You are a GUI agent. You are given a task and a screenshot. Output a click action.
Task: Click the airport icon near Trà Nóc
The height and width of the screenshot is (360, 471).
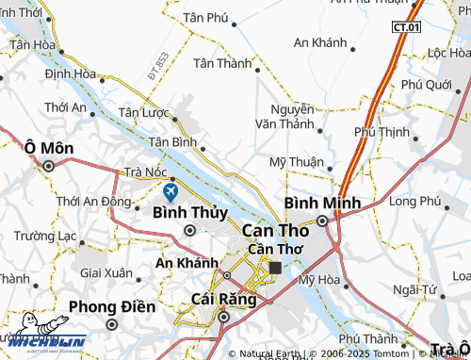171,192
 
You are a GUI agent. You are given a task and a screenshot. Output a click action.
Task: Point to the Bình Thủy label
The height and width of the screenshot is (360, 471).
189,212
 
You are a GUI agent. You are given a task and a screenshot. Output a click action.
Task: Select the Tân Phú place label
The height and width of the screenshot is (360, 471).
206,18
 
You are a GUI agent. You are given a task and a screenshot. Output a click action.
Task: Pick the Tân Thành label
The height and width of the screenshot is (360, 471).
221,63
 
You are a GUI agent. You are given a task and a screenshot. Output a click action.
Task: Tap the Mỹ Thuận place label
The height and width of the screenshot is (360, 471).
297,161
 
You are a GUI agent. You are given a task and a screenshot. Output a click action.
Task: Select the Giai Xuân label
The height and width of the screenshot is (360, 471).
106,272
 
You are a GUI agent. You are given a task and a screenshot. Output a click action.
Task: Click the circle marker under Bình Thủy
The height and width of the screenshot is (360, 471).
189,230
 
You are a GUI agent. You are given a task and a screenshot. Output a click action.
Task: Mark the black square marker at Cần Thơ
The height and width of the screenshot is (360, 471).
275,268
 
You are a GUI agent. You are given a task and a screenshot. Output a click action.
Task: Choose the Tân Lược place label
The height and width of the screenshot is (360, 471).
142,112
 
